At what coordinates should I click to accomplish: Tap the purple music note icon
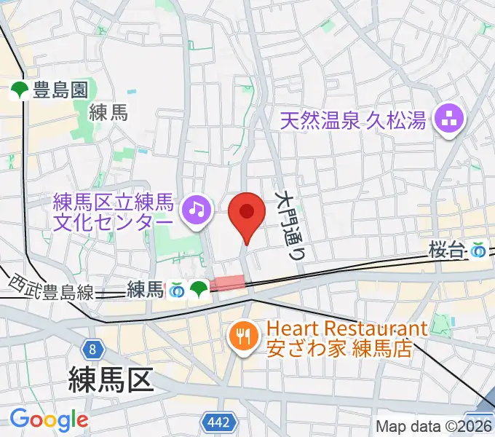[x=196, y=210]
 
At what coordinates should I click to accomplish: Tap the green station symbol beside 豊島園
[x=20, y=90]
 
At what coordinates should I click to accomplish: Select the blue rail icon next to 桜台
[x=478, y=251]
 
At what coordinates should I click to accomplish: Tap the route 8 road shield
[x=92, y=349]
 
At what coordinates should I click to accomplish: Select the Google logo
[x=48, y=420]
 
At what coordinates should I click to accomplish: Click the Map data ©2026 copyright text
[x=434, y=427]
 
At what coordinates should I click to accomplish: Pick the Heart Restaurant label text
[x=346, y=329]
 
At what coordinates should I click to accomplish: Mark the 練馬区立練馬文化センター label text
[x=114, y=210]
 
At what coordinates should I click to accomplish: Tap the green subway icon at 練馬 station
[x=198, y=290]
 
